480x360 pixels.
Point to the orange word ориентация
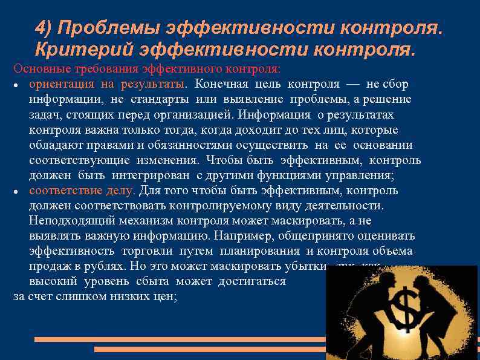coord(61,83)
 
